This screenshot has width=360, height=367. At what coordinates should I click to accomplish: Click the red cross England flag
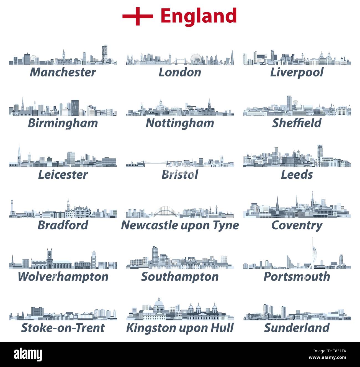click(138, 16)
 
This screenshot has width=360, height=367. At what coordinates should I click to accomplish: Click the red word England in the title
click(199, 16)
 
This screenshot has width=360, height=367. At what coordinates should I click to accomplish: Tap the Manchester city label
click(63, 72)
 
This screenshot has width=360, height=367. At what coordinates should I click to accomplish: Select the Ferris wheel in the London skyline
click(196, 58)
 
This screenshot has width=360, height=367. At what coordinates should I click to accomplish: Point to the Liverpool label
click(297, 72)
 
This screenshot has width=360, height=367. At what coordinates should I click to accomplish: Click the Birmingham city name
click(63, 123)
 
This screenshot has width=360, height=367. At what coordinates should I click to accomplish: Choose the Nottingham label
click(180, 123)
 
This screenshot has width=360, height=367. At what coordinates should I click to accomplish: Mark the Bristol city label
click(180, 174)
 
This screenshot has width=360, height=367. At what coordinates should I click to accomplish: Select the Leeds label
click(297, 174)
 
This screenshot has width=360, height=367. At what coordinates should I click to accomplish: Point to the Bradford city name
click(63, 225)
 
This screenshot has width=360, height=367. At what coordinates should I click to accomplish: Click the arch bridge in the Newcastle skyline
click(165, 212)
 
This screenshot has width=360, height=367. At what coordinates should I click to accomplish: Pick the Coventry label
click(297, 225)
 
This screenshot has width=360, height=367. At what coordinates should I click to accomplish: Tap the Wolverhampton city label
click(63, 277)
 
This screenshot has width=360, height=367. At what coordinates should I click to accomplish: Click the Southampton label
click(180, 277)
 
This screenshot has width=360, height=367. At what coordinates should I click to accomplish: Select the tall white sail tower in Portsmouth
click(313, 253)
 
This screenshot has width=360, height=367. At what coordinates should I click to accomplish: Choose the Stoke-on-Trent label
click(63, 328)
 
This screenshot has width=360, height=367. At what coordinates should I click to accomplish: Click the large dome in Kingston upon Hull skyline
click(159, 303)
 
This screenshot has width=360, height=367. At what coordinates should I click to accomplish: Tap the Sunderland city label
click(297, 328)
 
